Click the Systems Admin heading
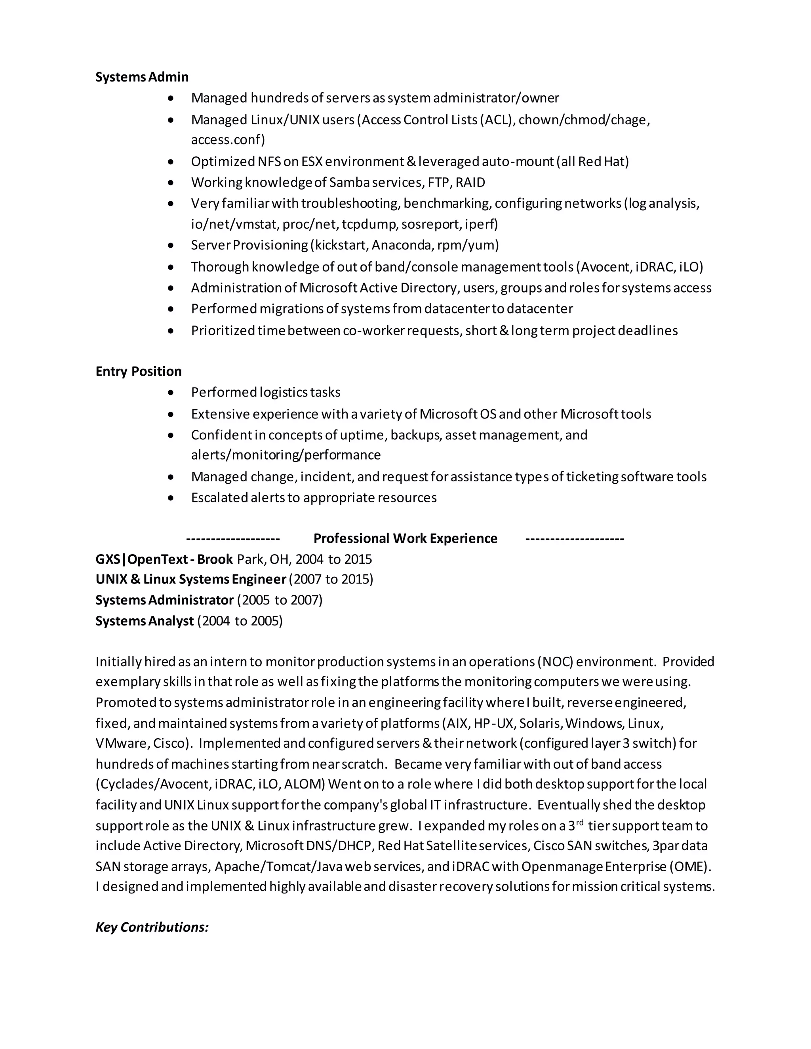(142, 77)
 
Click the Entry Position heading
(138, 371)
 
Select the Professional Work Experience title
(405, 538)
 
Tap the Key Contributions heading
(152, 927)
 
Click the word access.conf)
(228, 140)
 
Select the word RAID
(470, 182)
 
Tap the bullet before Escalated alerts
(171, 498)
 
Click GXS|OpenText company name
(139, 559)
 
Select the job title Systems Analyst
(144, 621)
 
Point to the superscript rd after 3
(579, 823)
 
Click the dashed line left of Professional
(232, 538)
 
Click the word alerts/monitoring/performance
(286, 455)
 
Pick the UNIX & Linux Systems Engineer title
(191, 579)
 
